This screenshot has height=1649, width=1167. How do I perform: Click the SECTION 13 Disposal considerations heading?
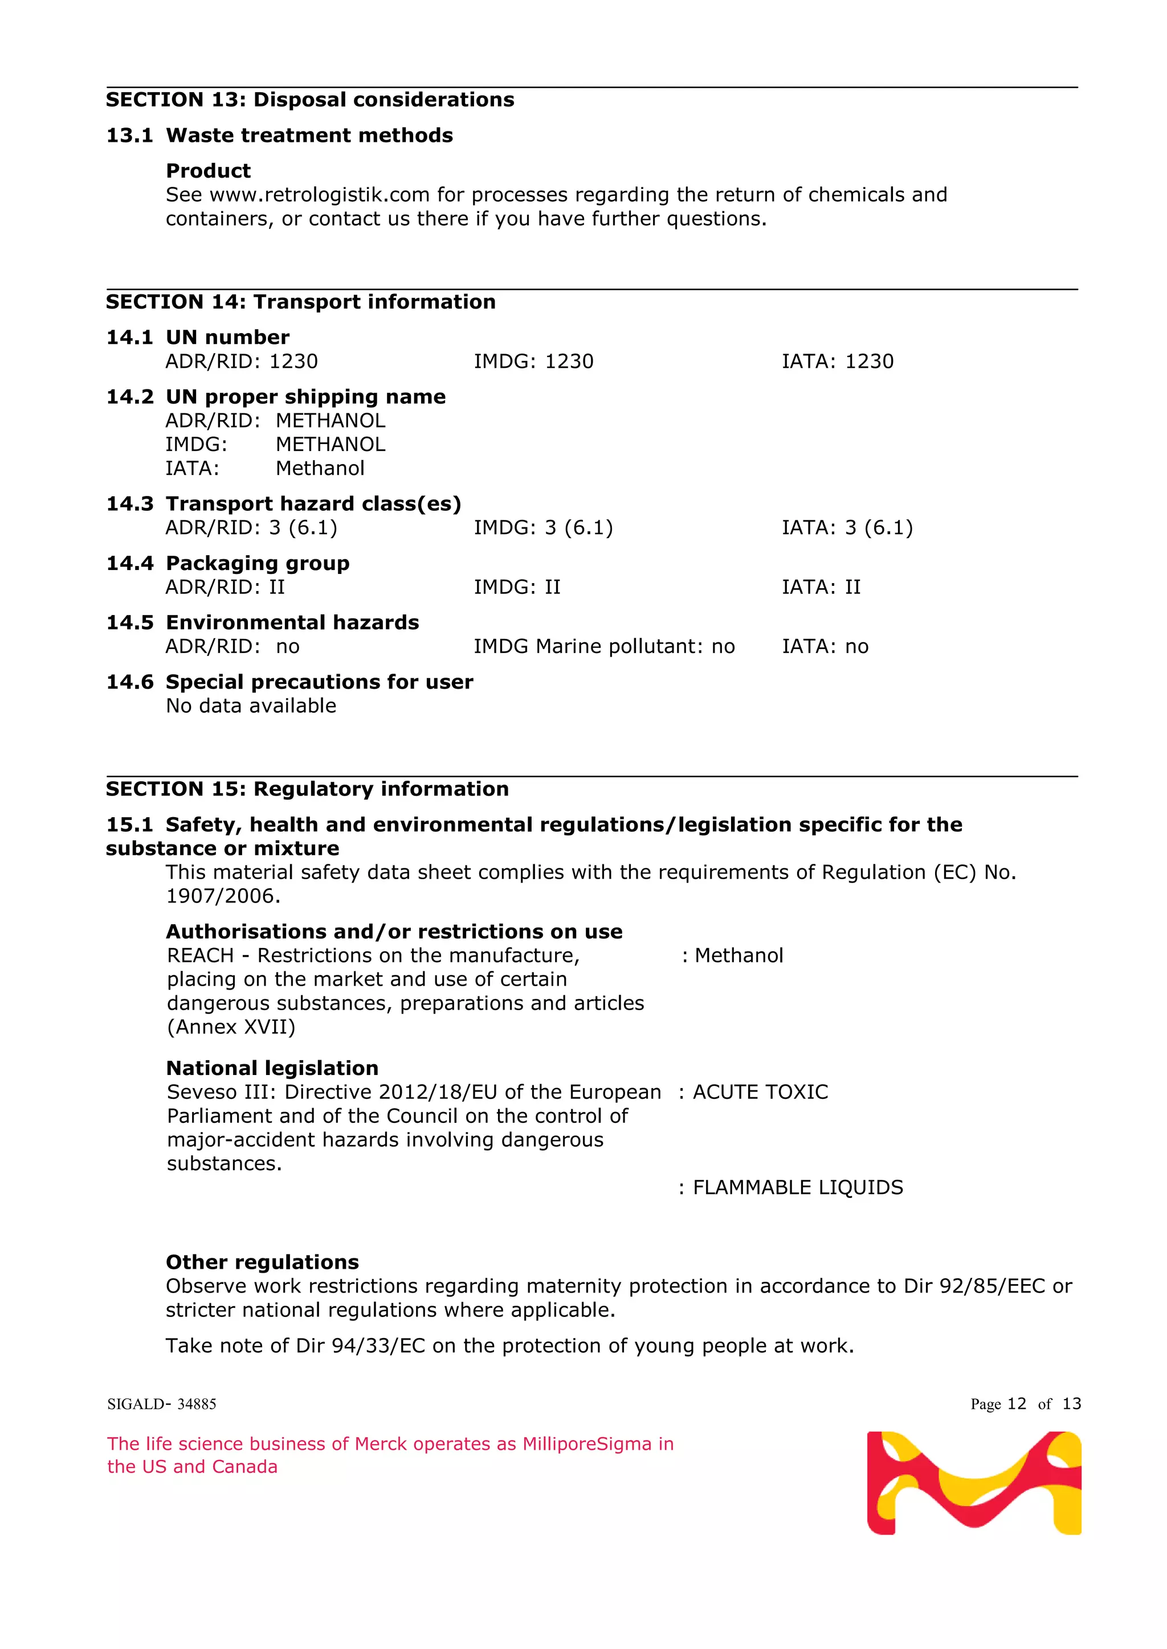click(x=310, y=100)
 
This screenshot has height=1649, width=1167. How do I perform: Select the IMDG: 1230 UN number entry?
click(x=533, y=361)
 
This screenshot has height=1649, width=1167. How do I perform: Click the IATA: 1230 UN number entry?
click(x=837, y=361)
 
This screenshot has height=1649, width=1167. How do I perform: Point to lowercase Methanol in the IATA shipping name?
click(x=320, y=468)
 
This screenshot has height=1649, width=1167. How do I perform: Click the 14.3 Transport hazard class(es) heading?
click(x=284, y=503)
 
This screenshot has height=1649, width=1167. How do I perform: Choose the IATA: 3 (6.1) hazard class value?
click(x=847, y=528)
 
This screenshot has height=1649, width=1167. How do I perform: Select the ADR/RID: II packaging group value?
click(x=225, y=588)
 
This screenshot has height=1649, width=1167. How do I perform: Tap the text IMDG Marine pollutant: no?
click(x=603, y=646)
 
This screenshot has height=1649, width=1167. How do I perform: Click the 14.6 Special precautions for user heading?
click(x=289, y=682)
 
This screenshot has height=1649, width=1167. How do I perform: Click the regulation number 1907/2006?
click(x=223, y=896)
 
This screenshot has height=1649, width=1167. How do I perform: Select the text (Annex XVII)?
click(x=231, y=1027)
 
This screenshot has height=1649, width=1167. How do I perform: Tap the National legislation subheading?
click(x=272, y=1068)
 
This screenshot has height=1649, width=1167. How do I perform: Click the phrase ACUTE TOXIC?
click(x=760, y=1092)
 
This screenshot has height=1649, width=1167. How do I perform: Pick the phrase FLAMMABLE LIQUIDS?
click(x=797, y=1187)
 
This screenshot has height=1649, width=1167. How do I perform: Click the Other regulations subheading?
click(x=262, y=1262)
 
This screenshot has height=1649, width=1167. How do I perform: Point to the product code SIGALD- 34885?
click(x=162, y=1404)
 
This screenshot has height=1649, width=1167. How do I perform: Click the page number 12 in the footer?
click(x=1017, y=1404)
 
